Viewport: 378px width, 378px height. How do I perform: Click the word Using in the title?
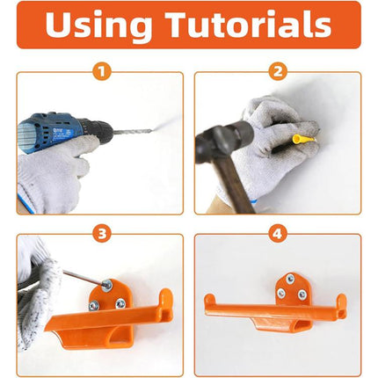coord(97,25)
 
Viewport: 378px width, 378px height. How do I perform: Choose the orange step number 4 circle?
coord(278,234)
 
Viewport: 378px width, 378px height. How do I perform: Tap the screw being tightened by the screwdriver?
coord(106,286)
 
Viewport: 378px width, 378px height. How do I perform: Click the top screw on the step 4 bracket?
coord(291,282)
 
